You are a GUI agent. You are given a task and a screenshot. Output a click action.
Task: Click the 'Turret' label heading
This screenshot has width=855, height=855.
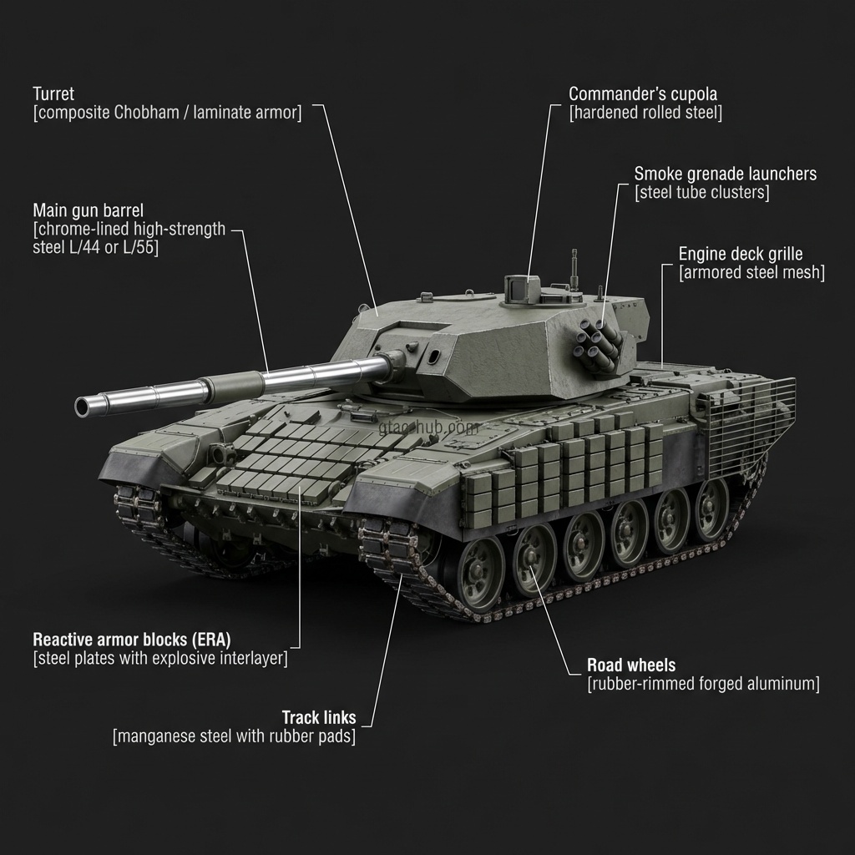(x=53, y=94)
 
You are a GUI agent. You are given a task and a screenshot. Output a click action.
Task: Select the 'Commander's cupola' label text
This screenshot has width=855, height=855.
(x=643, y=94)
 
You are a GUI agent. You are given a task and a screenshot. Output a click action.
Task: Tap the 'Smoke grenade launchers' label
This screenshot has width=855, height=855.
(x=726, y=174)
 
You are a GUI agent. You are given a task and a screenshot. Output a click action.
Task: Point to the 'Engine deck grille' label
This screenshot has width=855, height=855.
(x=741, y=254)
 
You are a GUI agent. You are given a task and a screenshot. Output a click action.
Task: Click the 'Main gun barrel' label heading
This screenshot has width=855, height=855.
(x=89, y=210)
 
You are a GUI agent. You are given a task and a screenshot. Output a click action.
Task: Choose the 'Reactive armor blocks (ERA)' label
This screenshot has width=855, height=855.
(x=132, y=640)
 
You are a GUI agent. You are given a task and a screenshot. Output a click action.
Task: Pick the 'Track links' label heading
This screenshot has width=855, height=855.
(x=319, y=717)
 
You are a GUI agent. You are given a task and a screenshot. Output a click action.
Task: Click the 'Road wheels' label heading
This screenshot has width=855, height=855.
(x=631, y=665)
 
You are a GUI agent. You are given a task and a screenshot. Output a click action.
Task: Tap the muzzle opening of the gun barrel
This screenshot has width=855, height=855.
(x=81, y=407)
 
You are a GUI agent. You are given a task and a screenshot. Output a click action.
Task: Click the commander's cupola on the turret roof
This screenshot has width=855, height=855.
(x=522, y=288)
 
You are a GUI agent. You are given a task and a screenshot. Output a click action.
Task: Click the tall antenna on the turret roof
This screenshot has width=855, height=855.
(x=574, y=269)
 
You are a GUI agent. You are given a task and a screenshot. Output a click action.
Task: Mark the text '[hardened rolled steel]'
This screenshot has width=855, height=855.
(x=645, y=113)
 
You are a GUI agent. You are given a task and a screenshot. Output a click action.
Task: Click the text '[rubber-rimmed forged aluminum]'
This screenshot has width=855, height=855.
(x=703, y=684)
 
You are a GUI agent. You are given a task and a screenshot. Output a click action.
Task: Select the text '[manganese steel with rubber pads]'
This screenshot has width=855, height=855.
(x=235, y=736)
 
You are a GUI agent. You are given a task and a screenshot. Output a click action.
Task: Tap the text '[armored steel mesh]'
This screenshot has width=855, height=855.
(x=752, y=273)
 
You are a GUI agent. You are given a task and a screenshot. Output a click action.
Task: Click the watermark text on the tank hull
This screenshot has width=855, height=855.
(x=428, y=427)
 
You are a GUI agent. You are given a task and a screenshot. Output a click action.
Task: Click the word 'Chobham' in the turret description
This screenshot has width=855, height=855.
(x=145, y=113)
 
